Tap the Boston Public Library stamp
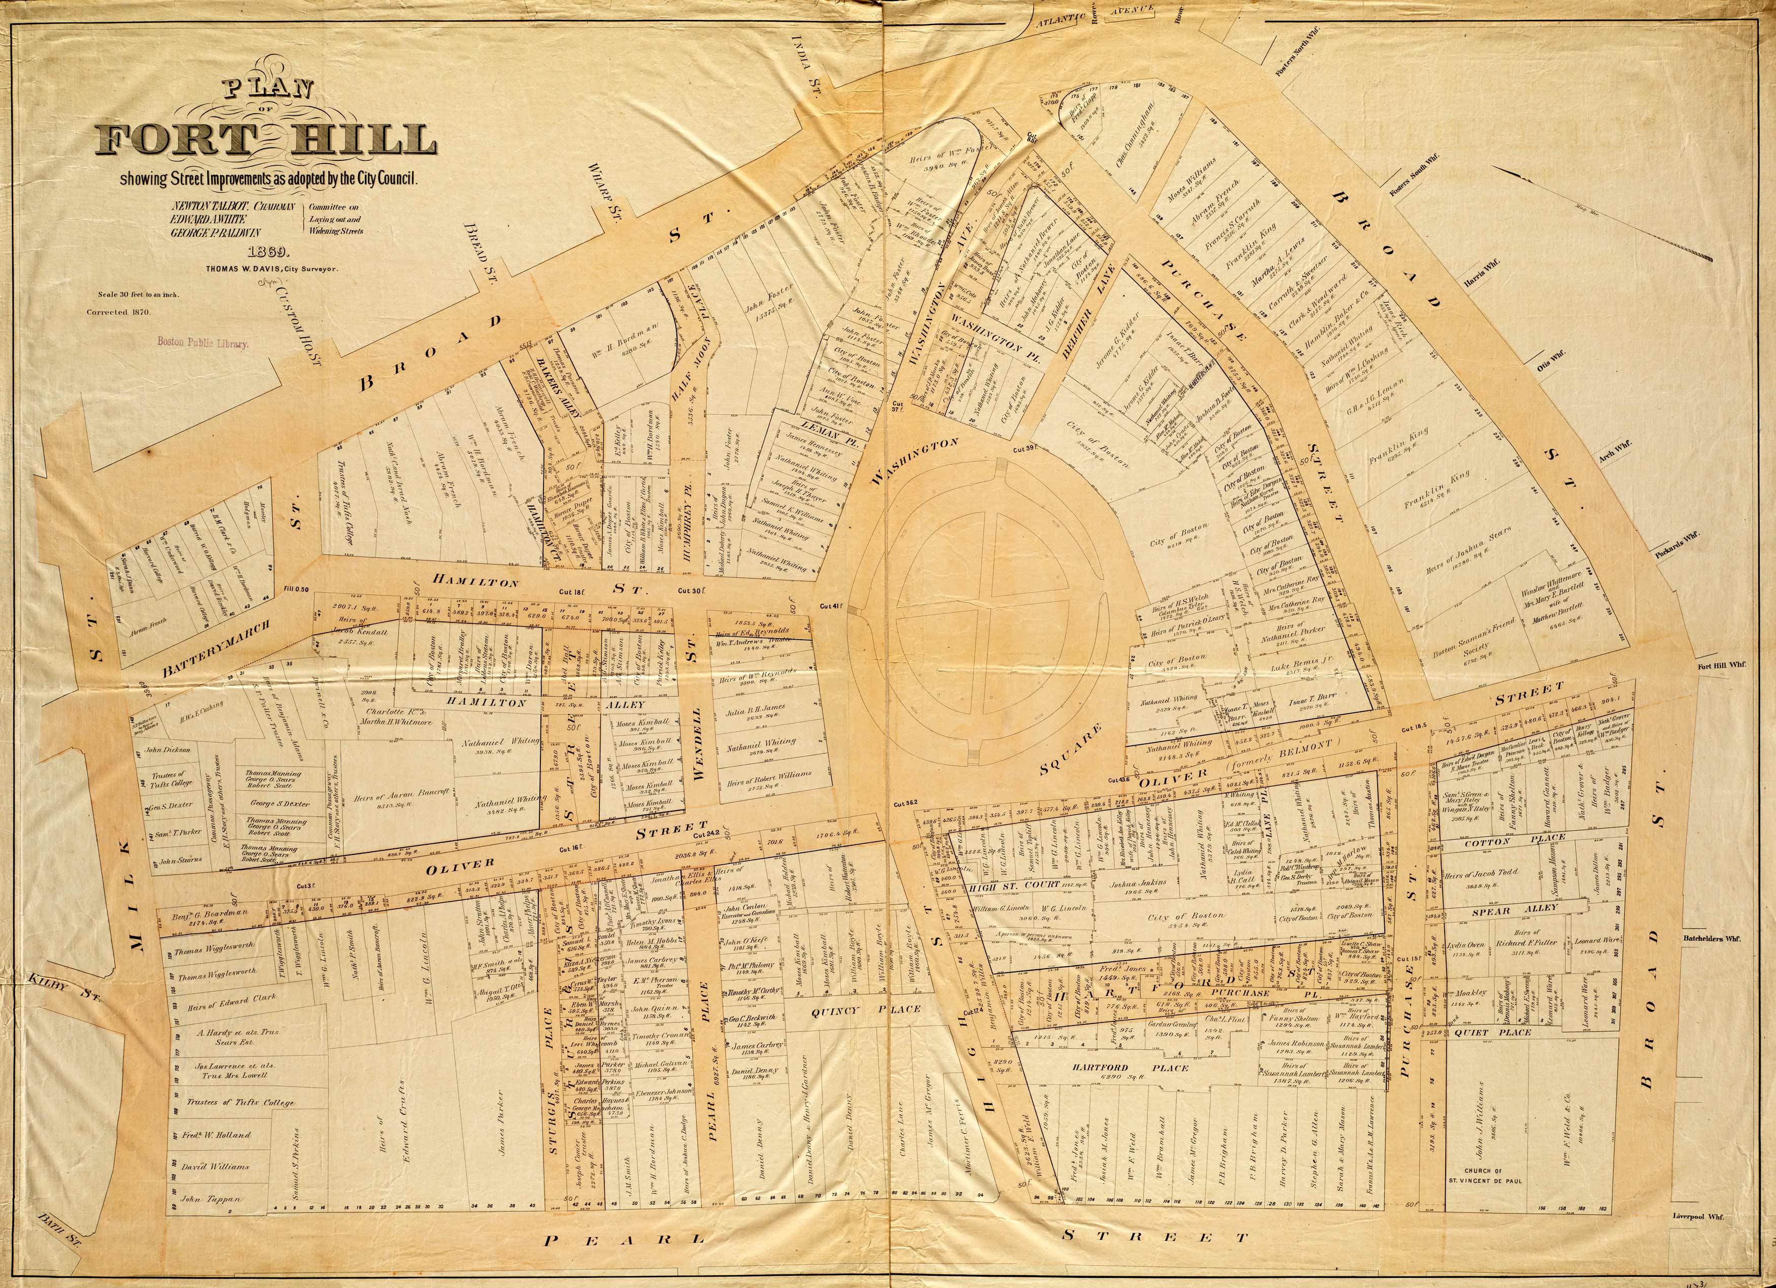click(203, 342)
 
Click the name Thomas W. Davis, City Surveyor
click(271, 268)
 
